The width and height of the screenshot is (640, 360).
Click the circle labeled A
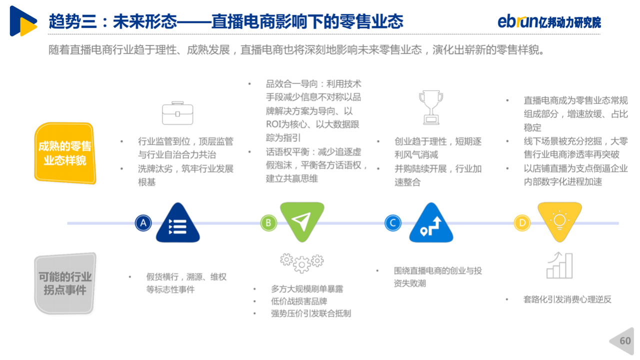(143, 223)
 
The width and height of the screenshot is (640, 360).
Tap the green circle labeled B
(268, 223)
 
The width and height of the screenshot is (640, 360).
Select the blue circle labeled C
(393, 223)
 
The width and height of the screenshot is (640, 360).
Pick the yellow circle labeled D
(522, 223)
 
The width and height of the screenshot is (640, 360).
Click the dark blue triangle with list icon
(177, 224)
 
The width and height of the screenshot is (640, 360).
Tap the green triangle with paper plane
(302, 220)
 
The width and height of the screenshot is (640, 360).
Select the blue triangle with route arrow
(431, 224)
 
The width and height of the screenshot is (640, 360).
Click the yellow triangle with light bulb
(559, 220)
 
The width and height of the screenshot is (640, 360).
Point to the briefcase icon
(177, 113)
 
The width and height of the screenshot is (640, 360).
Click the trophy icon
(431, 107)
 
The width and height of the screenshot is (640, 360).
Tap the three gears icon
(301, 263)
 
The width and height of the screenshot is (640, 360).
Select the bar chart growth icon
(559, 265)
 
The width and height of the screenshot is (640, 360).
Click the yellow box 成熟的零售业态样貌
(65, 153)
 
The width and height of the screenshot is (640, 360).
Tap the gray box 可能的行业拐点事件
(65, 283)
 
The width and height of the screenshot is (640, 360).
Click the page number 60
(625, 341)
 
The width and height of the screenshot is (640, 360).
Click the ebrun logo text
(517, 21)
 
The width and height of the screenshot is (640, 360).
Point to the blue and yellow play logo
(23, 21)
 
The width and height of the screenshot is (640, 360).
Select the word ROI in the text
(273, 124)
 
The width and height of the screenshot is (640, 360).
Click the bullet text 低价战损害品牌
(299, 301)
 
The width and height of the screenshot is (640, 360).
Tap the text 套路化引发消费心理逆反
(567, 299)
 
